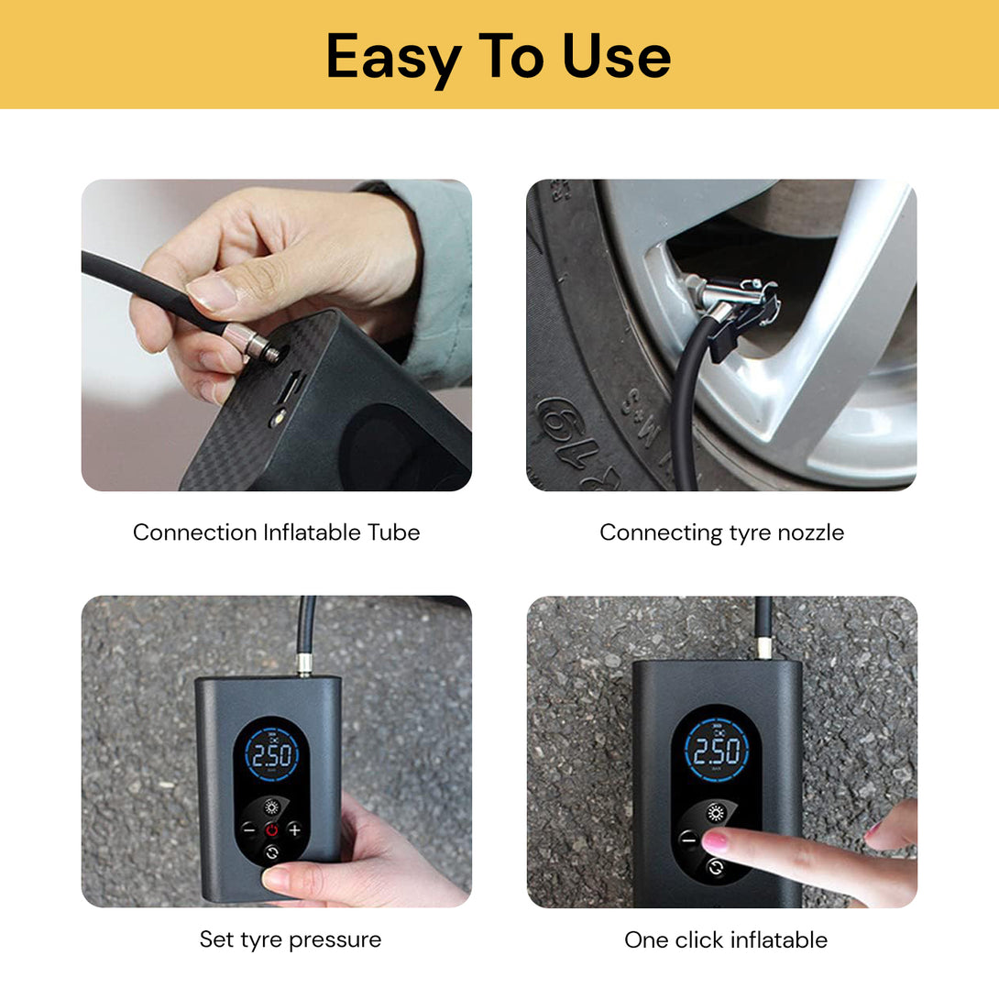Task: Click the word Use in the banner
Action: coord(616,57)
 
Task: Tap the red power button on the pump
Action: coord(272,829)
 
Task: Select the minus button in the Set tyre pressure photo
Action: coord(248,829)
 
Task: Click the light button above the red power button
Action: coord(272,807)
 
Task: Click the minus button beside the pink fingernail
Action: coord(688,839)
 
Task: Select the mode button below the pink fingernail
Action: coord(716,867)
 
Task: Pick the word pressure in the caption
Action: coord(334,939)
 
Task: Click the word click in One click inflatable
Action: coord(699,939)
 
